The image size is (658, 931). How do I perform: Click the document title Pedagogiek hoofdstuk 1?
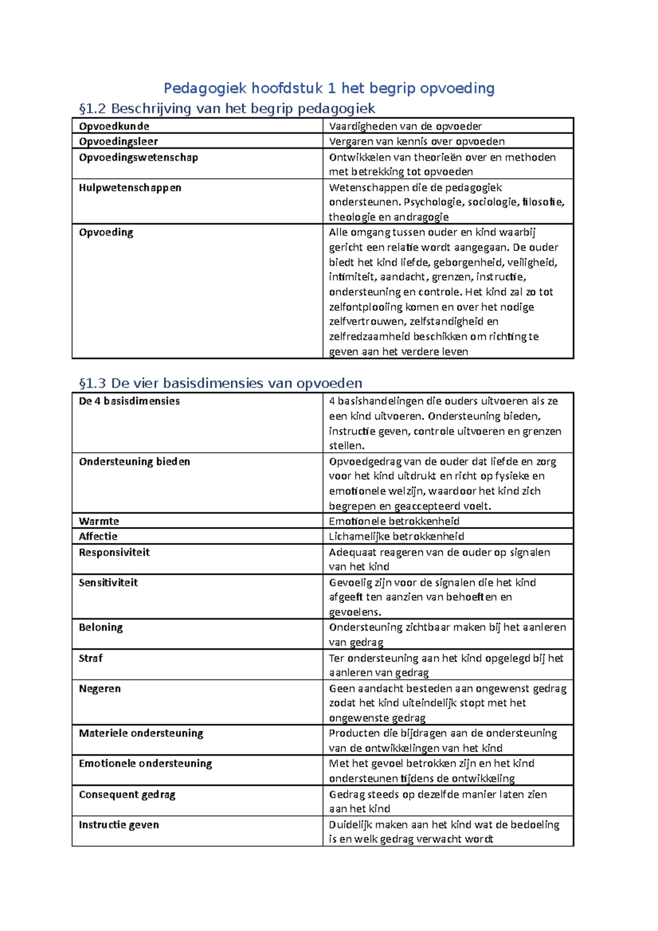[x=329, y=88]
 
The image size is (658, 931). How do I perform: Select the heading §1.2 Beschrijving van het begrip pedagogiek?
[x=227, y=109]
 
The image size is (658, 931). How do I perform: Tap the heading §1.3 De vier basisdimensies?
[x=220, y=383]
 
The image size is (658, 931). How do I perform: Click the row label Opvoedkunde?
[x=114, y=126]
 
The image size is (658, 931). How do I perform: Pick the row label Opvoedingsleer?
[x=118, y=141]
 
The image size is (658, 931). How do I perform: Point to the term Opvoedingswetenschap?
[x=138, y=157]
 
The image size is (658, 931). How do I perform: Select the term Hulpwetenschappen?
[x=130, y=188]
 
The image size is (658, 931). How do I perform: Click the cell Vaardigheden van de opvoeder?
[x=405, y=126]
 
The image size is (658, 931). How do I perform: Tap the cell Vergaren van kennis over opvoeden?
[x=417, y=141]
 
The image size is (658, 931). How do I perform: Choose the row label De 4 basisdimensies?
[x=129, y=401]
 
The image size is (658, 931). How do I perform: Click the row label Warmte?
[x=99, y=521]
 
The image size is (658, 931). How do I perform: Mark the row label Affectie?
[x=98, y=536]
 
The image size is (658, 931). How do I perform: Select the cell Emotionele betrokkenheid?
[x=394, y=521]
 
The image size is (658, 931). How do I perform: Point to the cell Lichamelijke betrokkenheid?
[x=396, y=536]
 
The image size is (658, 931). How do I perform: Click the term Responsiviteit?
[x=114, y=552]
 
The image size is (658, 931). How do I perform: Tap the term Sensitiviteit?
[x=108, y=582]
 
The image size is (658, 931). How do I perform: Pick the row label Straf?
[x=90, y=658]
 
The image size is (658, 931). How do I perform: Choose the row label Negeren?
[x=100, y=689]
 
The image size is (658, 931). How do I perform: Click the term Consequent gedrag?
[x=127, y=794]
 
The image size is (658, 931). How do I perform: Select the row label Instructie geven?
[x=119, y=825]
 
